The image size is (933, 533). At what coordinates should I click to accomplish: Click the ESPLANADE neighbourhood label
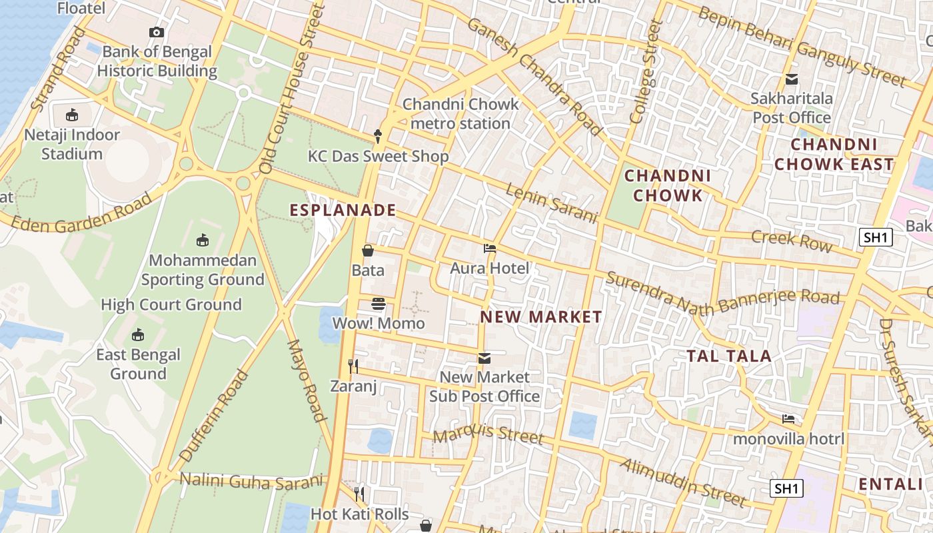(343, 211)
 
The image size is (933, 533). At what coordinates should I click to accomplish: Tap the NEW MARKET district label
(541, 317)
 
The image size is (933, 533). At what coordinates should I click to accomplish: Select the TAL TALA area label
(729, 356)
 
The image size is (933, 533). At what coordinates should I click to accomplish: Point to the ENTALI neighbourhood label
(894, 484)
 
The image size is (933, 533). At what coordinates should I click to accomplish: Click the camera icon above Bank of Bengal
(157, 32)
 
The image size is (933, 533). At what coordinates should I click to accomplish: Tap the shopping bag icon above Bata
(368, 251)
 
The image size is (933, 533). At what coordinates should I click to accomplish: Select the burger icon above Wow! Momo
(379, 304)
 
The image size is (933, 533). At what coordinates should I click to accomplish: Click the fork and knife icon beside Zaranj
(353, 366)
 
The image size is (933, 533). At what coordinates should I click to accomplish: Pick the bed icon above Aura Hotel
(490, 249)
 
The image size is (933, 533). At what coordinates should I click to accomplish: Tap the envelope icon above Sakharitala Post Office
(792, 79)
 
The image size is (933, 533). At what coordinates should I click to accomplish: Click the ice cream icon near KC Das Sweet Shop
(379, 137)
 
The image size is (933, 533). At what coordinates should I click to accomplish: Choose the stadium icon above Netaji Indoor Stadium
(72, 115)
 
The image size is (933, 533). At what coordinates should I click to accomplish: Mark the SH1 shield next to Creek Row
(875, 237)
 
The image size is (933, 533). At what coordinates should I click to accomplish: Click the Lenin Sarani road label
(550, 204)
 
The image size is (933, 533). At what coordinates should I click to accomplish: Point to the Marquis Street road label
(488, 434)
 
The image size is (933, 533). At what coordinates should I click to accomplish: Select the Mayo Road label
(307, 380)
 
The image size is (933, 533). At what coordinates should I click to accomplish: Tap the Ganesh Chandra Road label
(534, 75)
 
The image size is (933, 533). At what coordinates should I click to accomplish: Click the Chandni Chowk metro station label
(461, 114)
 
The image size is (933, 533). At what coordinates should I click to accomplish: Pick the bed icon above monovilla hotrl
(788, 419)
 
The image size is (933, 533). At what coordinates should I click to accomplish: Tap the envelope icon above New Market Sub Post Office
(484, 358)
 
